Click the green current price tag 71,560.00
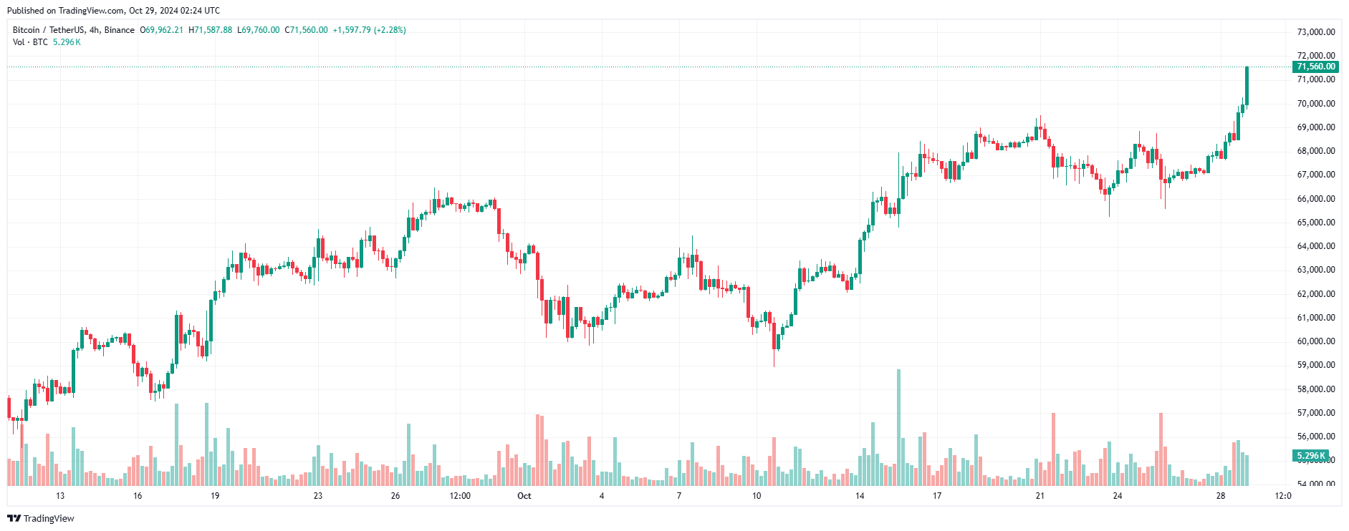pyautogui.click(x=1315, y=67)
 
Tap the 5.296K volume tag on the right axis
pyautogui.click(x=1311, y=456)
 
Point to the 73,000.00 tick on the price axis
pyautogui.click(x=1316, y=32)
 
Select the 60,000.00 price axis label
pyautogui.click(x=1316, y=341)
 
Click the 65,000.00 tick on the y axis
pyautogui.click(x=1316, y=223)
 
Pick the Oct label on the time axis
pyautogui.click(x=524, y=496)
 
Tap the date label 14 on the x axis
pyautogui.click(x=860, y=496)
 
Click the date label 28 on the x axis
pyautogui.click(x=1221, y=496)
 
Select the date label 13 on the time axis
pyautogui.click(x=60, y=496)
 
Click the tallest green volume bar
pyautogui.click(x=898, y=428)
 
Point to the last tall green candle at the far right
pyautogui.click(x=1247, y=86)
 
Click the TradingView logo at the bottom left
pyautogui.click(x=41, y=518)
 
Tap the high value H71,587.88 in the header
pyautogui.click(x=211, y=30)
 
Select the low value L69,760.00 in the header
pyautogui.click(x=259, y=30)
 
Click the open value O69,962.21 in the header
pyautogui.click(x=162, y=30)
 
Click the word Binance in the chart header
pyautogui.click(x=119, y=30)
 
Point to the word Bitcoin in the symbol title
pyautogui.click(x=27, y=30)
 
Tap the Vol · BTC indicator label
pyautogui.click(x=30, y=42)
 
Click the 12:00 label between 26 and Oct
pyautogui.click(x=460, y=496)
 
